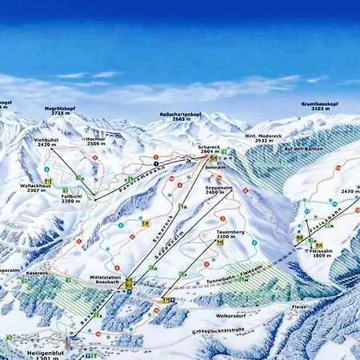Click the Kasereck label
pyautogui.click(x=37, y=273)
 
